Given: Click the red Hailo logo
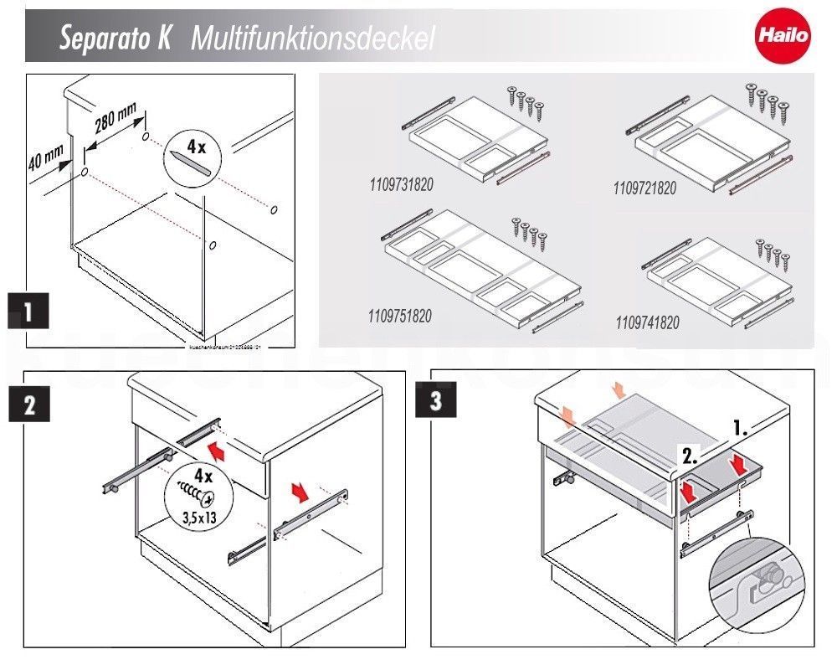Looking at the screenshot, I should tap(783, 36).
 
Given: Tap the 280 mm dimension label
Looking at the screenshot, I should tap(116, 123).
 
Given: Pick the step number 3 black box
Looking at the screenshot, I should tap(435, 401).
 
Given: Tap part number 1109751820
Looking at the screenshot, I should tap(399, 317).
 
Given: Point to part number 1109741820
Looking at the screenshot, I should tap(647, 322).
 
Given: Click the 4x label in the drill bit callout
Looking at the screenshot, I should tap(196, 147).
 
